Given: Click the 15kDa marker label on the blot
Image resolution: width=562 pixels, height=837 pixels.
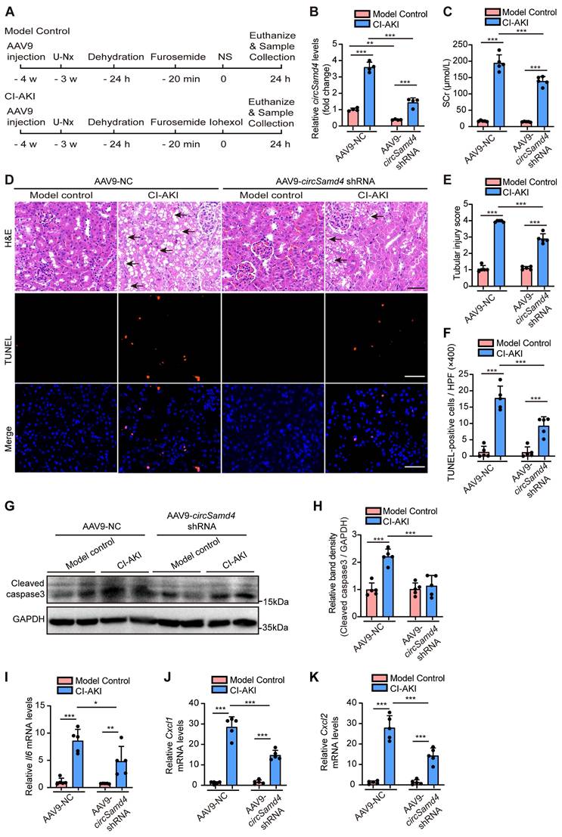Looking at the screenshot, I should [x=278, y=601].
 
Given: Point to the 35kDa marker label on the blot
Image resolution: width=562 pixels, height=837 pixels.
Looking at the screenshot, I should [x=278, y=628].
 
